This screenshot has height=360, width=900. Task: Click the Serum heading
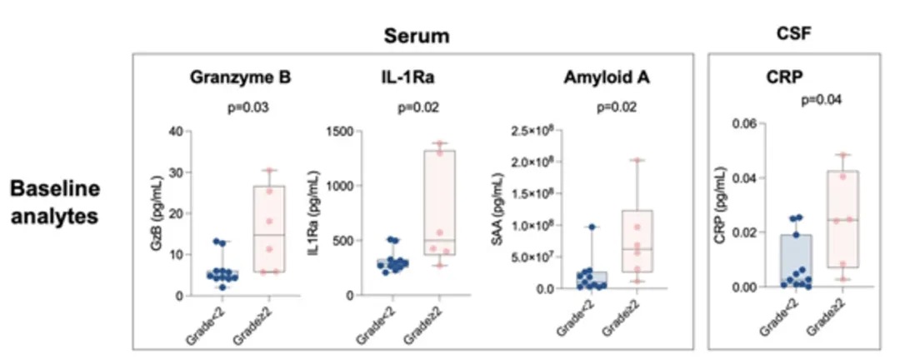(417, 36)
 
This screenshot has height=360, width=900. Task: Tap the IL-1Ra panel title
(406, 79)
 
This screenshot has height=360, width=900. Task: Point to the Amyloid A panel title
(594, 79)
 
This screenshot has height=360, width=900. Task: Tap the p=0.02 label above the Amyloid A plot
(615, 107)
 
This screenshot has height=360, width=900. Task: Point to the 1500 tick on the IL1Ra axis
(340, 132)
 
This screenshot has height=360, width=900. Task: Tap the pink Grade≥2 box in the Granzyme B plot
(269, 229)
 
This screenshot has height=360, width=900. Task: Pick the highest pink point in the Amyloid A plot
(637, 161)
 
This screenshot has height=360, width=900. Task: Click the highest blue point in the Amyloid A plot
(591, 227)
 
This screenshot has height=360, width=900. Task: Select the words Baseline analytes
(57, 202)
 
